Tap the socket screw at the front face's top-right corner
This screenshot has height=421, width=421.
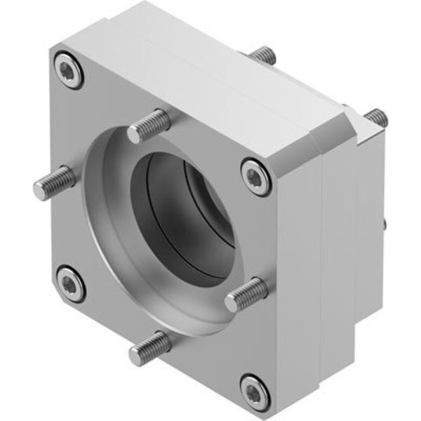[256, 174]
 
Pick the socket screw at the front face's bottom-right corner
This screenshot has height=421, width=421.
[254, 390]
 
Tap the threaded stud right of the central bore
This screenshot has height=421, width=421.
[246, 293]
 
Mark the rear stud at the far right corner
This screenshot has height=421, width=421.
[377, 117]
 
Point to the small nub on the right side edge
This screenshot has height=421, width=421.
[385, 225]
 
